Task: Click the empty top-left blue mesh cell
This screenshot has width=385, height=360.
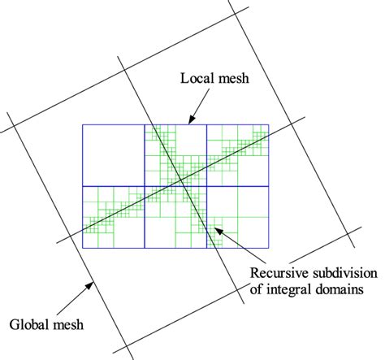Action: (x=113, y=155)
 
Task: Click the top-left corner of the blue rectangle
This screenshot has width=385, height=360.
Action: (x=82, y=125)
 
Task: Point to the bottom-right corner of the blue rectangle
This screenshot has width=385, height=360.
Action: (x=270, y=247)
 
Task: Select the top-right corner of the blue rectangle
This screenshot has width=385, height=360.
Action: (x=270, y=125)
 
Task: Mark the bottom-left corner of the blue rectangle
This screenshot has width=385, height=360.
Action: (x=82, y=247)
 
